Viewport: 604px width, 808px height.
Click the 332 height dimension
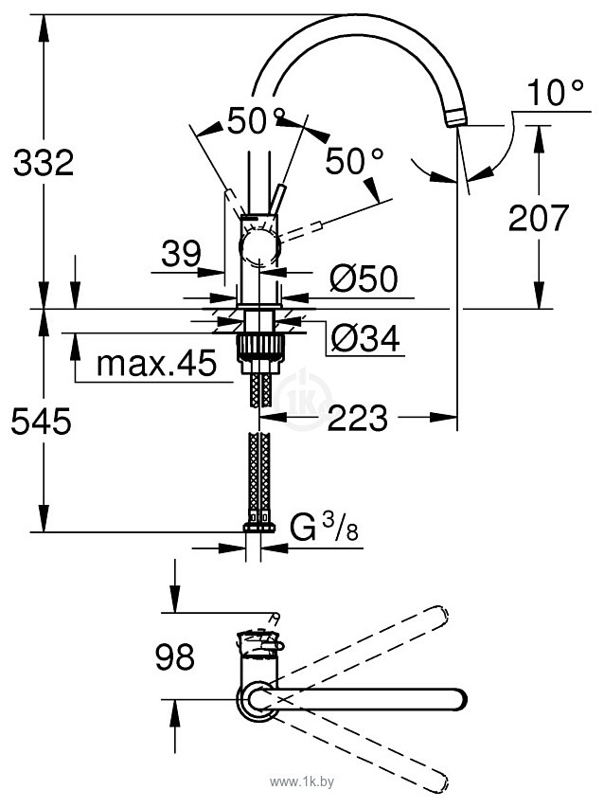43,163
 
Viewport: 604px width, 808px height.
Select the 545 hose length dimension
41,420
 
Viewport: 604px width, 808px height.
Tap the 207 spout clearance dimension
539,218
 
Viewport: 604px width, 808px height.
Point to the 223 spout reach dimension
358,417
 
